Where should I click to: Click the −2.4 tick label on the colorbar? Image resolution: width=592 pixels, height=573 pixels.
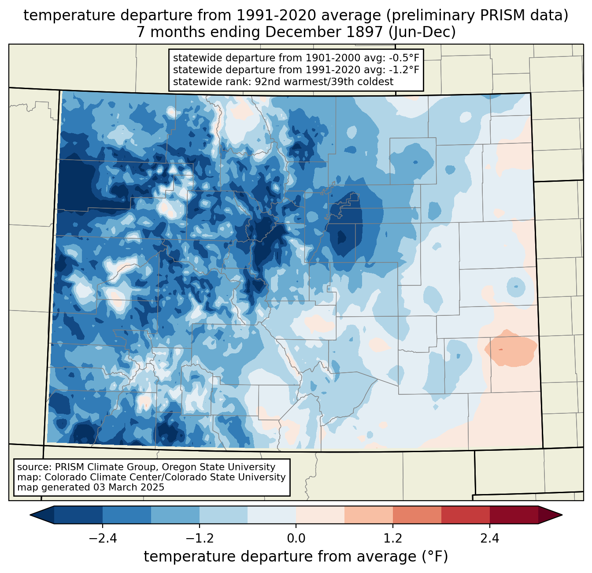pos(103,539)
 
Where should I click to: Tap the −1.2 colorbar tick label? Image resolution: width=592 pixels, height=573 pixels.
pos(199,539)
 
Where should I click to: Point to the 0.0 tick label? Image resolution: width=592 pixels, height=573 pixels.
pos(296,539)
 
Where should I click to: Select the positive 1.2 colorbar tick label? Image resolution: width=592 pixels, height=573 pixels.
pos(392,539)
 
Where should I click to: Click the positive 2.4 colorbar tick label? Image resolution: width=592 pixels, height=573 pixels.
pos(489,539)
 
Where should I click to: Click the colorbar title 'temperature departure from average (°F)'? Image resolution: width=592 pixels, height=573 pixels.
pos(296,556)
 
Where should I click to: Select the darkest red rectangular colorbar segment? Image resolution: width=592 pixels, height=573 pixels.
pos(514,515)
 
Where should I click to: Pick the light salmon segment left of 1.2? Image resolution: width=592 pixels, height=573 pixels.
pos(368,515)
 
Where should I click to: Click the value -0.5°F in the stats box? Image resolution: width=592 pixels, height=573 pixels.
pos(404,58)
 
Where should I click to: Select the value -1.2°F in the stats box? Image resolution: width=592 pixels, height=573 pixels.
pos(404,70)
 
